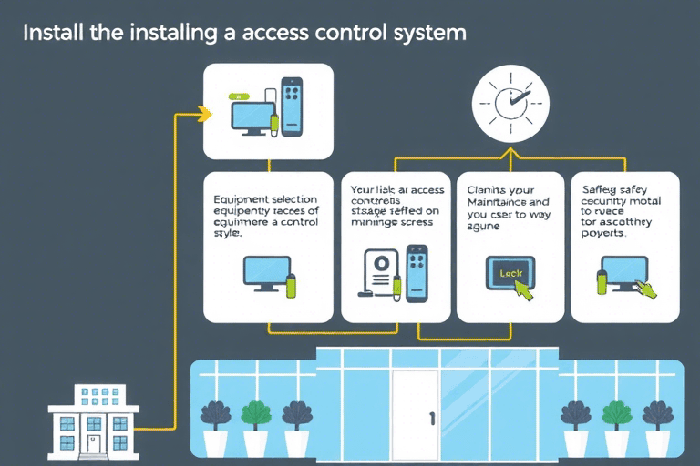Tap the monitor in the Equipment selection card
(265, 272)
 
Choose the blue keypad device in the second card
(417, 272)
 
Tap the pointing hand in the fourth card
(646, 287)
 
